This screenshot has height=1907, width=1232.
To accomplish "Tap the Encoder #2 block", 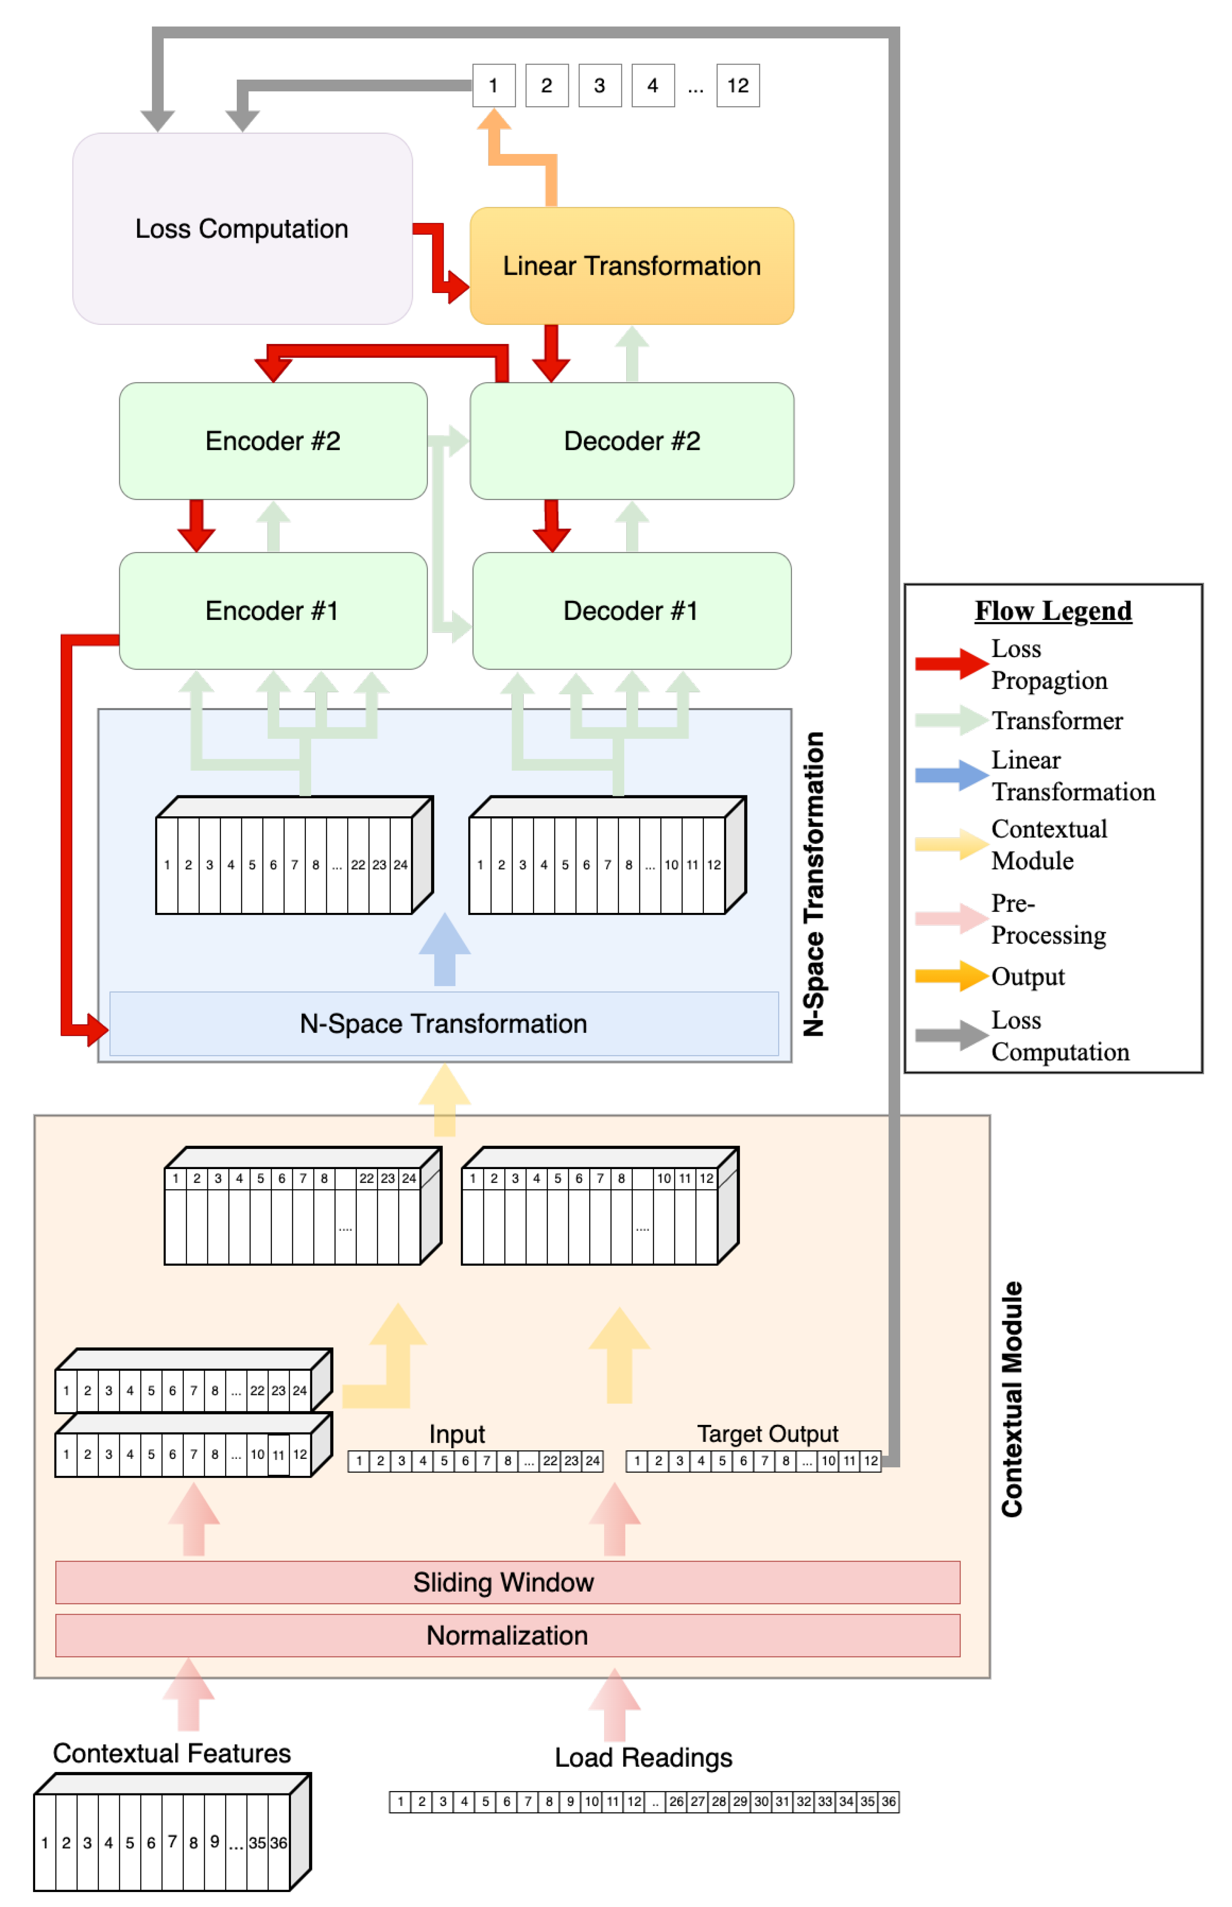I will [x=273, y=441].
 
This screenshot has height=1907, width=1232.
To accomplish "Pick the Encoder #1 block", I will [x=273, y=611].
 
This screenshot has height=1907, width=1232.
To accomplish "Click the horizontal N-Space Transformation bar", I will [x=444, y=1024].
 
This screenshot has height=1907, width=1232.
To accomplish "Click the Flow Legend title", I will [x=1053, y=611].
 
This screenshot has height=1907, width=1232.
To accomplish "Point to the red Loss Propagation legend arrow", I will [x=950, y=663].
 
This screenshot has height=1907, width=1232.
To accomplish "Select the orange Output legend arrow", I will [x=950, y=976].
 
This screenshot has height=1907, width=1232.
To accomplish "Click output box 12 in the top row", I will [x=737, y=86].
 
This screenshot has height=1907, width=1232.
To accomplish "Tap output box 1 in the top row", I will [x=494, y=86].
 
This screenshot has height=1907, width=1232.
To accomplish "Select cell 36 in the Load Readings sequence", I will [x=889, y=1802].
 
